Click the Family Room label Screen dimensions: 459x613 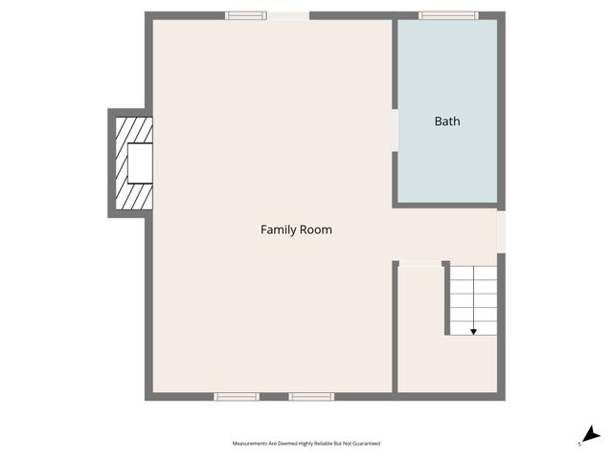coord(296,230)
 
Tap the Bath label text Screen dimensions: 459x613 coord(447,121)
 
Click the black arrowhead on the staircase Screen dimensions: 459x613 coord(473,330)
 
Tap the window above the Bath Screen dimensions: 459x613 coord(448,15)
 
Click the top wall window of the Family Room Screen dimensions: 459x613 coord(246,15)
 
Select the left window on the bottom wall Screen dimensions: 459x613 coord(236,396)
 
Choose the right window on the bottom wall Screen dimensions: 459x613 coord(311,396)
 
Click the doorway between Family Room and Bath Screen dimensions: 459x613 coord(395,130)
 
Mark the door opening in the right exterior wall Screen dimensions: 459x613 coord(500,231)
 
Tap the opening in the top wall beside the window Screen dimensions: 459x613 coord(288,15)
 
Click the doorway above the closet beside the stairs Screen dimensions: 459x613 coord(420,263)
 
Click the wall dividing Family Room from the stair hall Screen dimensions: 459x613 coord(395,325)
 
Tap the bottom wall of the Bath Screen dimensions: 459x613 coord(447,204)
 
